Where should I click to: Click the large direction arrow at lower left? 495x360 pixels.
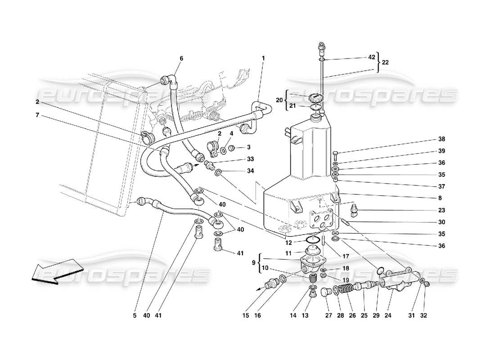50,271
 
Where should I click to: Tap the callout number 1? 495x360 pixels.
264,58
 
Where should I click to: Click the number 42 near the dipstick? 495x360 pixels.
371,58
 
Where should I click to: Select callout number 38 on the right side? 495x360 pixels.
441,139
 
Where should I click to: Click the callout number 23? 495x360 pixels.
441,210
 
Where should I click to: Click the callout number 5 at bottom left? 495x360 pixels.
135,316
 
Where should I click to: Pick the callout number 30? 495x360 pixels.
441,222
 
